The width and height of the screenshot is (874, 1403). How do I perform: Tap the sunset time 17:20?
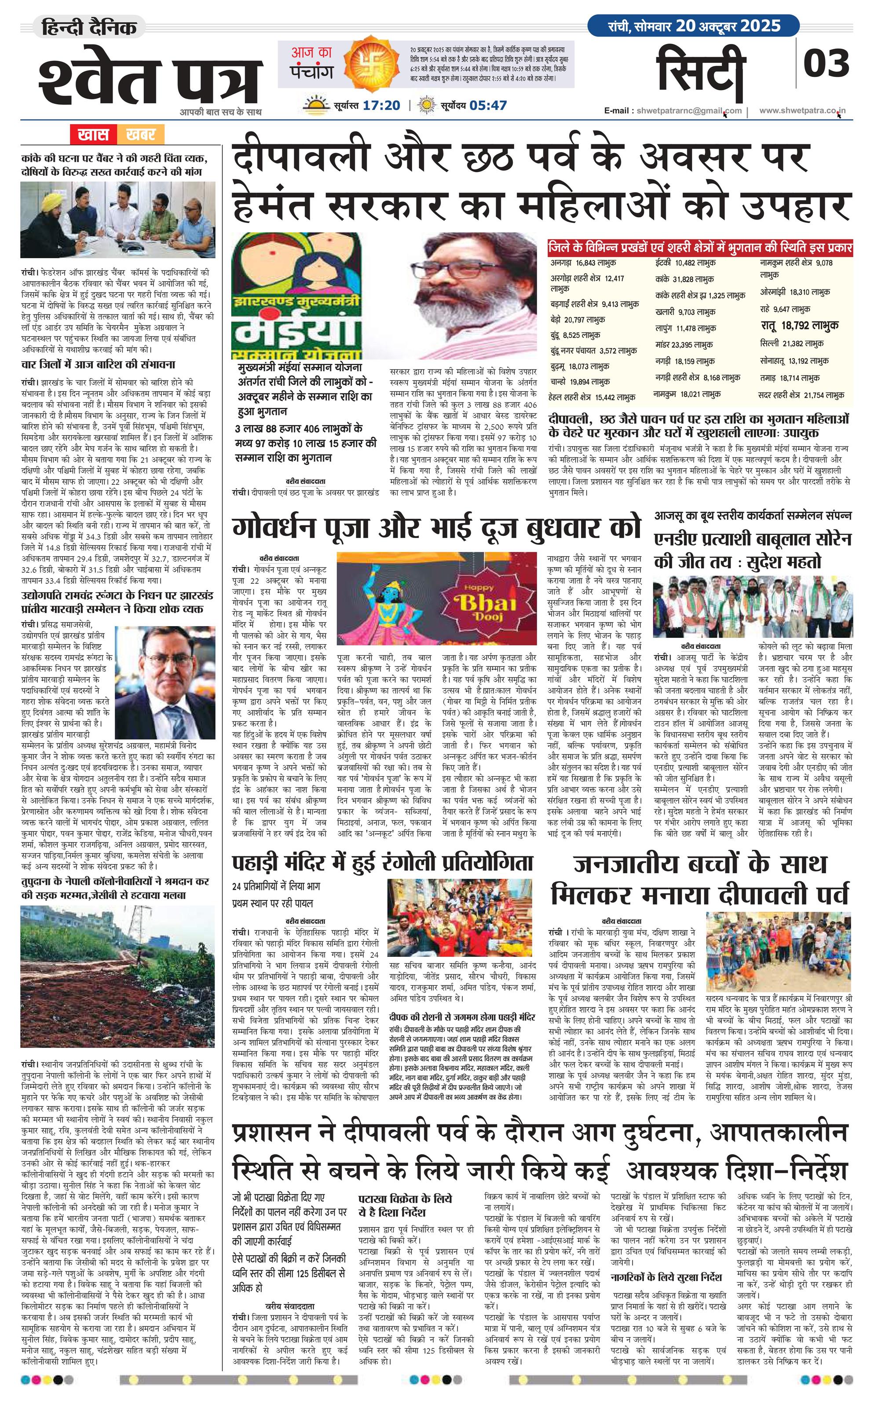[x=381, y=105]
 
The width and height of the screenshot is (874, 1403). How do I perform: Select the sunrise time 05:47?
[x=488, y=105]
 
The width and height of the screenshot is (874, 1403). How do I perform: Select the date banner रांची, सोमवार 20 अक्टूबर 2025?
[x=694, y=26]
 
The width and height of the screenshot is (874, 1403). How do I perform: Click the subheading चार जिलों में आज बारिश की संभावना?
[x=98, y=364]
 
